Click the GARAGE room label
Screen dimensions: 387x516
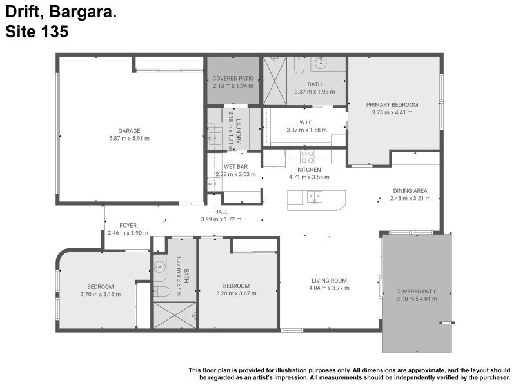point(129,131)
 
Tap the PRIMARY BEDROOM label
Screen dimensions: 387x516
point(392,104)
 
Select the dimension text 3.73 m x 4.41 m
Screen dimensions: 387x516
point(392,112)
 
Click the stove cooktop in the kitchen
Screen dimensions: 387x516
point(307,156)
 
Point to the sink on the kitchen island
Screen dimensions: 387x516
point(315,197)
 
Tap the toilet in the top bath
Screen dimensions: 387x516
point(299,65)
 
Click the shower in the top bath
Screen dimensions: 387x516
point(274,81)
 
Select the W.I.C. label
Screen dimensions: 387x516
point(306,123)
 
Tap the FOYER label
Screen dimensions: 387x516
point(128,225)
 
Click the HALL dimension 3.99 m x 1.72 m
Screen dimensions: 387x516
point(221,219)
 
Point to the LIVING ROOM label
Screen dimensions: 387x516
point(329,281)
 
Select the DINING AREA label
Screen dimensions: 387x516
point(410,191)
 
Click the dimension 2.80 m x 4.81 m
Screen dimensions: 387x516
point(417,299)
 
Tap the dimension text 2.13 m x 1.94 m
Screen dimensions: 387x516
point(233,85)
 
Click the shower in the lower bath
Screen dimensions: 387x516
point(175,315)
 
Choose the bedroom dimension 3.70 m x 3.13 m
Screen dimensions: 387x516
point(101,294)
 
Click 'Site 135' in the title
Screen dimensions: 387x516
point(37,32)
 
